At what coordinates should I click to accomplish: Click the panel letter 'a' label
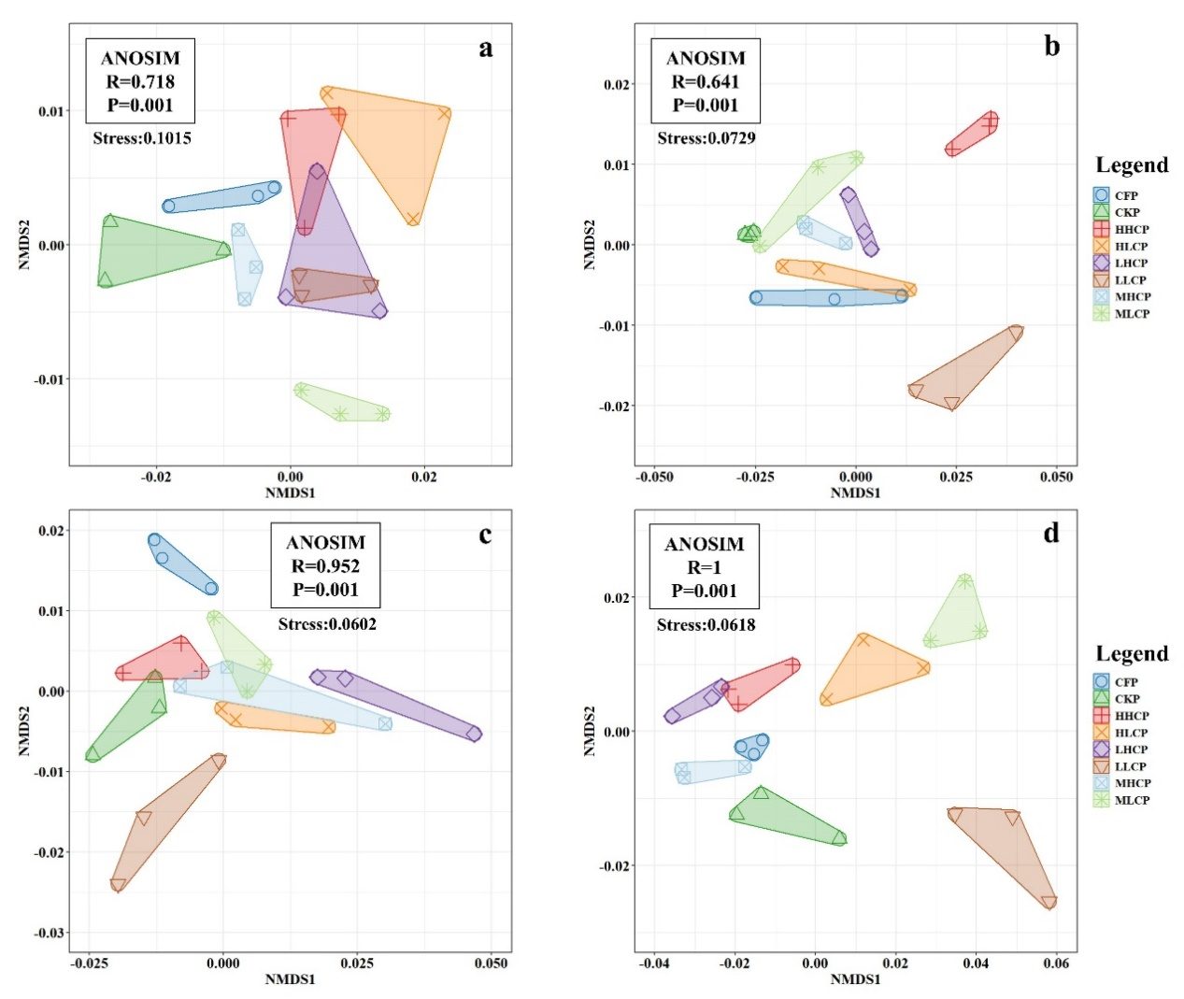coord(485,49)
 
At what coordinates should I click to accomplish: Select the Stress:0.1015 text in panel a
coord(142,138)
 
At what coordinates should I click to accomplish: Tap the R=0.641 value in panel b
coord(705,81)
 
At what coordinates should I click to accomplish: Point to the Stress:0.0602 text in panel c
coord(327,623)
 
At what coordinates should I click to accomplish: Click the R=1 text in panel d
coord(704,567)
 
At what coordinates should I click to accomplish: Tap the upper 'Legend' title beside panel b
coord(1132,165)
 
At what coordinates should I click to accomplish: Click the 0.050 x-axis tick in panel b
coord(1057,477)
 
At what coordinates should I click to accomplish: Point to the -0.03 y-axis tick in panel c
coord(50,933)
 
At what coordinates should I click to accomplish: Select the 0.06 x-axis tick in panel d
coord(1056,963)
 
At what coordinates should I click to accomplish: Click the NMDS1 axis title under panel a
coord(290,492)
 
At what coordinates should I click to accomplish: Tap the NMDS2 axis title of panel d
coord(589,731)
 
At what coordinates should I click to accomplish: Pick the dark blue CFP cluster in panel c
coord(181,564)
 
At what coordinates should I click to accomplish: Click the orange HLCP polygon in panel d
coord(873,670)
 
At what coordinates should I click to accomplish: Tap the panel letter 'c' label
coord(485,535)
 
